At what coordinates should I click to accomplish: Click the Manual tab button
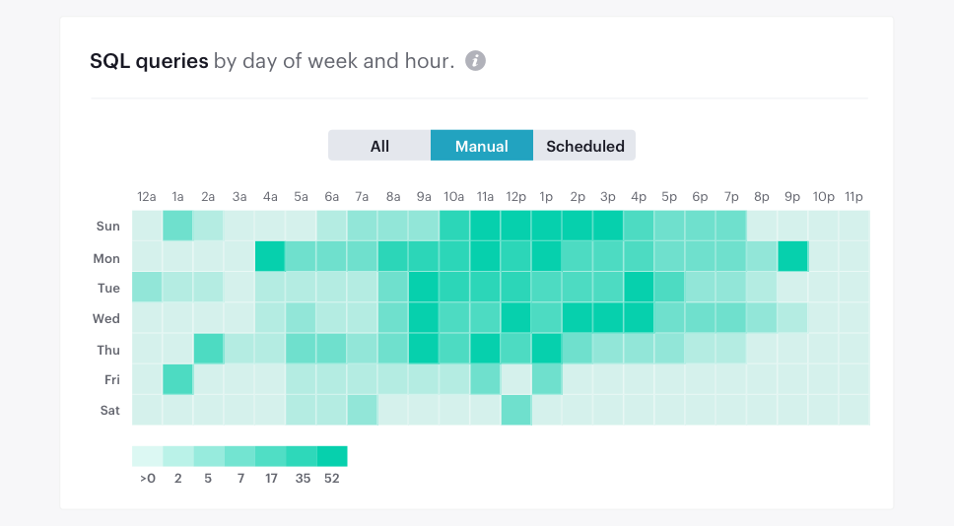coord(481,146)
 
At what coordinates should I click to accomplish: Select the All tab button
coord(379,146)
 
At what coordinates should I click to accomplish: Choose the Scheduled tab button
coord(584,146)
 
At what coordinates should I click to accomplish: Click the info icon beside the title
coord(475,61)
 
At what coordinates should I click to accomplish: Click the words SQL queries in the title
coord(149,61)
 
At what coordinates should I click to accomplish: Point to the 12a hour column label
coord(147,197)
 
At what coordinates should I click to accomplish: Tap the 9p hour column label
coord(792,197)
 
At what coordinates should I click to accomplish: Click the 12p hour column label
coord(515,197)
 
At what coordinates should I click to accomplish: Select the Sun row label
coord(107,227)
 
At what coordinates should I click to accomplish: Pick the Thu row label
coord(107,350)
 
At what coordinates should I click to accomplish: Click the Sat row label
coord(108,411)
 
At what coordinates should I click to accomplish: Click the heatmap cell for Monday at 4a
coord(269,257)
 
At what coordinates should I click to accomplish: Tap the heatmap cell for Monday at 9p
coord(792,257)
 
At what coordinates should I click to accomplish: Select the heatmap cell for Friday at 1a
coord(177,379)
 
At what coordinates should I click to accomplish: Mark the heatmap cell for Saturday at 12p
coord(515,410)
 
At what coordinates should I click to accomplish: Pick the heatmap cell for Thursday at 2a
coord(208,349)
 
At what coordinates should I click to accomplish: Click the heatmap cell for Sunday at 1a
coord(177,226)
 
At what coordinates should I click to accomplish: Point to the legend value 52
coord(331,479)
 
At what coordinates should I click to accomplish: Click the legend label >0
coord(147,479)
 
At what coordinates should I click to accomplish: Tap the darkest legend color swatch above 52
coord(332,456)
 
